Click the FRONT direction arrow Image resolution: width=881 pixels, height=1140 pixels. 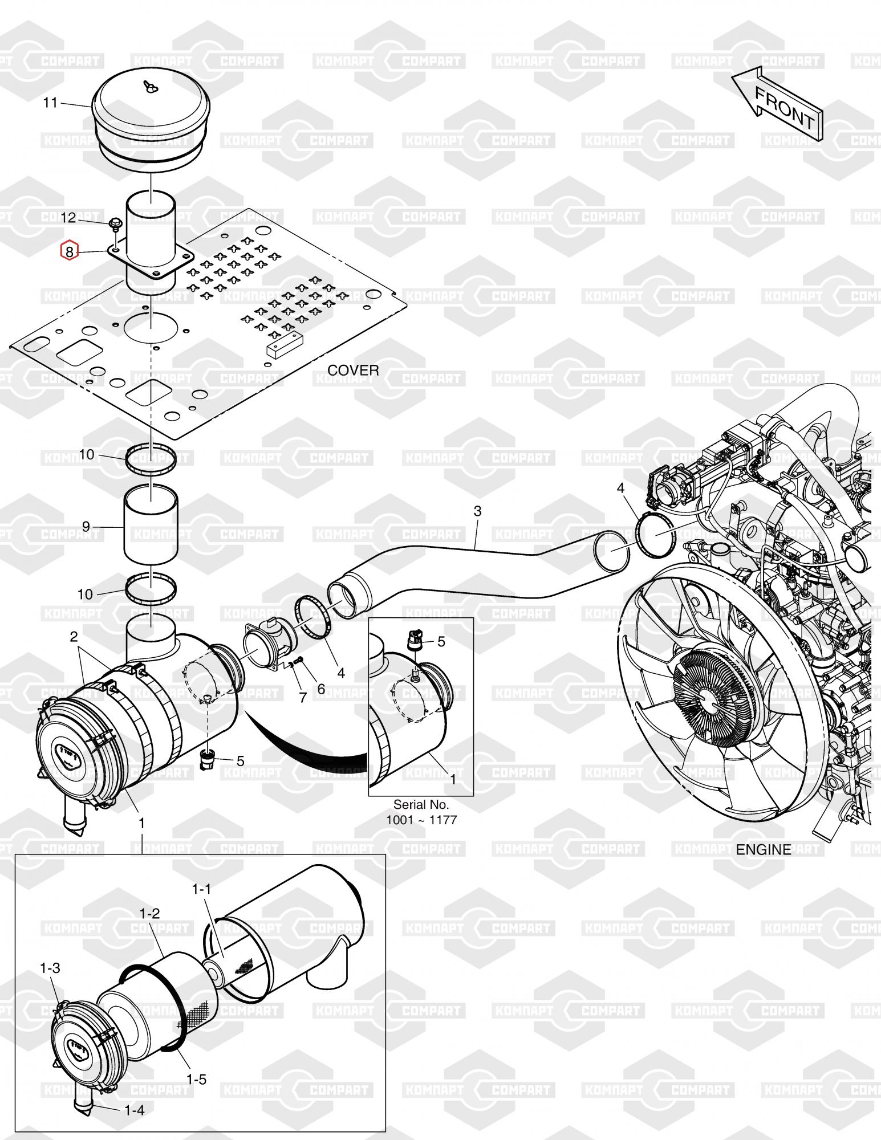click(777, 103)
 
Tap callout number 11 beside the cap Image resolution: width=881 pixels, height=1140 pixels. click(51, 103)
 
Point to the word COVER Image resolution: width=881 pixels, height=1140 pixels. click(353, 370)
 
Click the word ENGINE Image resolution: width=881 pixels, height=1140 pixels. click(764, 850)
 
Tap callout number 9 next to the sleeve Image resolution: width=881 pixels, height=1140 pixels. click(86, 526)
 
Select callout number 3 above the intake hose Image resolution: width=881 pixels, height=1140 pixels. click(477, 511)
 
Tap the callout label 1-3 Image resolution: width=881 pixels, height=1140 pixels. click(50, 968)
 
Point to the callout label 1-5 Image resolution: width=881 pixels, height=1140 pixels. click(196, 1079)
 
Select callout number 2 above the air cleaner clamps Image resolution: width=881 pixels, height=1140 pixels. click(74, 637)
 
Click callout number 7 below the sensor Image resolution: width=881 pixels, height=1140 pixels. click(303, 697)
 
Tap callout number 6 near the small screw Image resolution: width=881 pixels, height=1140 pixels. click(321, 689)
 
